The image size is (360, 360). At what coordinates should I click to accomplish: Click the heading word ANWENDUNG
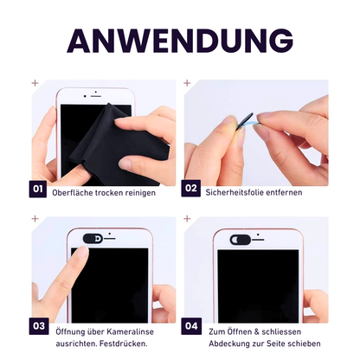[180, 40]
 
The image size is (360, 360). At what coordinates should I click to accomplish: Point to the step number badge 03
[38, 326]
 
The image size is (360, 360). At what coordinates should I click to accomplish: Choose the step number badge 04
[190, 326]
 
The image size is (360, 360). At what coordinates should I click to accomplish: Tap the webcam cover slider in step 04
[241, 237]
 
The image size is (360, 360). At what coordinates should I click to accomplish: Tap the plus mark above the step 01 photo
[35, 84]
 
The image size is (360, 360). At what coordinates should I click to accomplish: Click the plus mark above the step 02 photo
[187, 84]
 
